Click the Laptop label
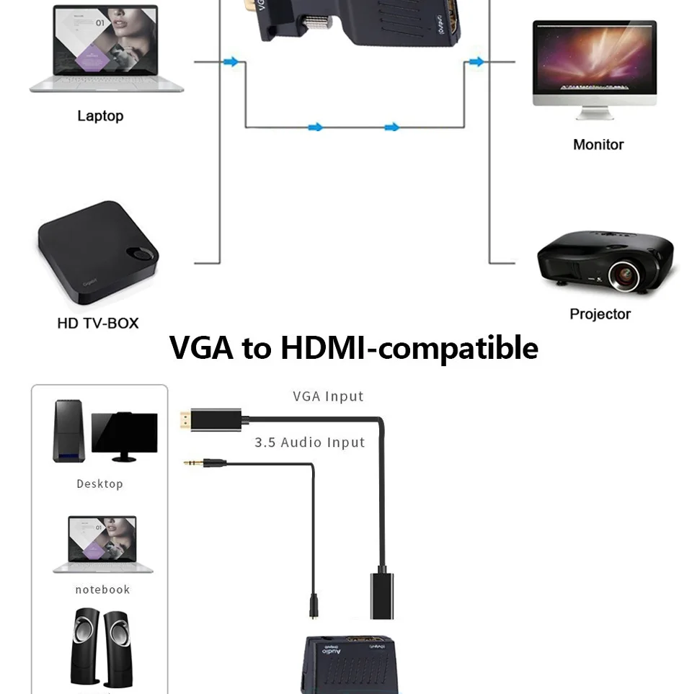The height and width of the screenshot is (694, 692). point(100,116)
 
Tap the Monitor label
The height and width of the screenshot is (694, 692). point(598,144)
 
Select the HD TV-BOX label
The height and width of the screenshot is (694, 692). point(97,323)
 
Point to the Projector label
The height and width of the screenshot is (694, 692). point(600,313)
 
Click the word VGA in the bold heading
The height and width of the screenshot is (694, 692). point(201,347)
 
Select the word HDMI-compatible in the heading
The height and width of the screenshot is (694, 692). point(409,347)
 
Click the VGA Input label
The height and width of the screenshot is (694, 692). point(328,396)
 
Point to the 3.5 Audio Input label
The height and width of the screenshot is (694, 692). point(309,442)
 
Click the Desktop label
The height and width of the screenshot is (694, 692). point(99,484)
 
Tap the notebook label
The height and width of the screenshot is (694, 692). point(102,590)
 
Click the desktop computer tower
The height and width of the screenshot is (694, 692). point(69,431)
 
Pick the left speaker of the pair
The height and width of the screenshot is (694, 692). point(85,647)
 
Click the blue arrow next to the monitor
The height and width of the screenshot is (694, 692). point(476,63)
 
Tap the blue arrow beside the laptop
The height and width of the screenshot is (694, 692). point(231,63)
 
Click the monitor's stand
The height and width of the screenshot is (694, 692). point(595,113)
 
